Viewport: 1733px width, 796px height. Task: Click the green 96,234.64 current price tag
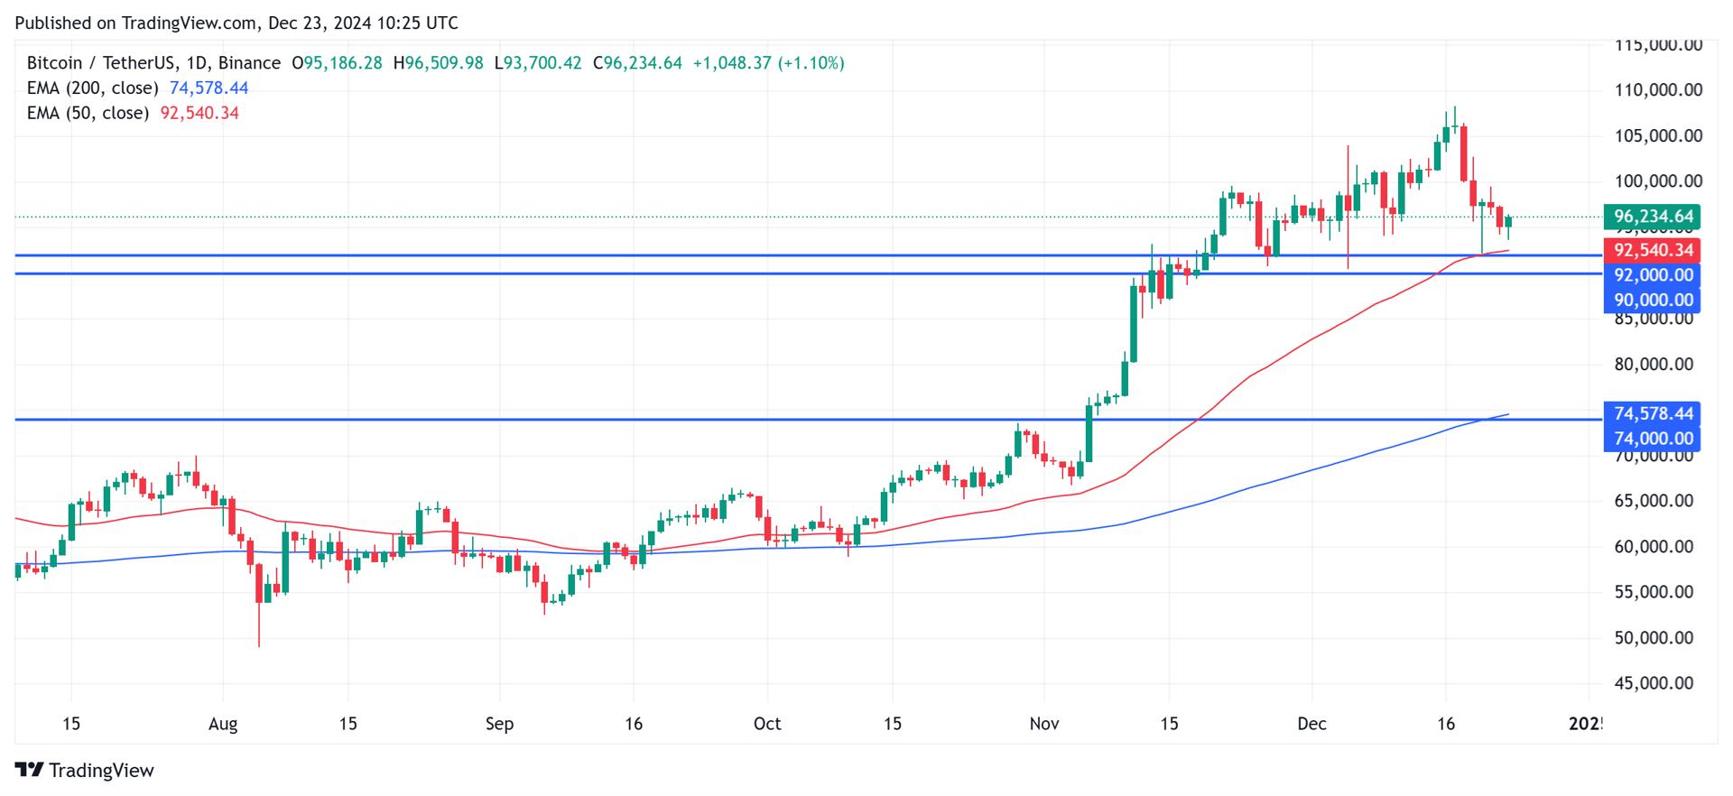(x=1652, y=217)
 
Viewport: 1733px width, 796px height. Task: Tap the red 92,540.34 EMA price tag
(x=1652, y=250)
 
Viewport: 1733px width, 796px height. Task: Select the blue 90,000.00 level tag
(x=1652, y=301)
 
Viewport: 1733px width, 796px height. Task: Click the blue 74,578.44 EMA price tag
(x=1652, y=413)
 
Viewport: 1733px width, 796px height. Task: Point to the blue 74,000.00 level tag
(x=1652, y=439)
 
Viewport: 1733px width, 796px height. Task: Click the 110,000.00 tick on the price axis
(x=1657, y=90)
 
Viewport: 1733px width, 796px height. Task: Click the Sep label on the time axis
(x=499, y=724)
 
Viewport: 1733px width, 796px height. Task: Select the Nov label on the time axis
(x=1044, y=724)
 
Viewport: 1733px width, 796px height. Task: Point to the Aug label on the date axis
(x=222, y=724)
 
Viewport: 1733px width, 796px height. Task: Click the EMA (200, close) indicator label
(x=92, y=88)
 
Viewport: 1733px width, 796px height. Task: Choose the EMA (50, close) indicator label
(x=88, y=113)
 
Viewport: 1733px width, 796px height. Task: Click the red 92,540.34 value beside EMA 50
(x=199, y=113)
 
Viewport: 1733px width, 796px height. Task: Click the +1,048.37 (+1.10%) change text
(x=768, y=63)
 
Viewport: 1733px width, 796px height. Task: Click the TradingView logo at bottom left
(x=85, y=770)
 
